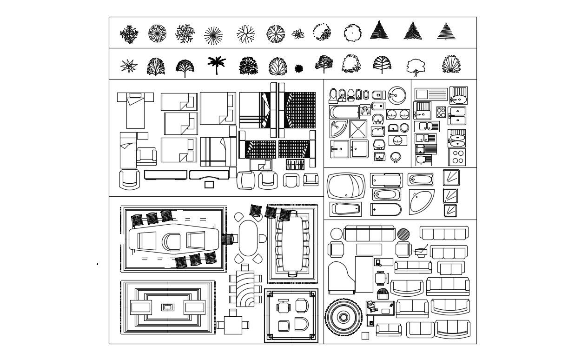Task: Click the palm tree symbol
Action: click(216, 65)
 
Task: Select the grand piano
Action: click(341, 278)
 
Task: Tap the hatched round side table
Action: click(403, 234)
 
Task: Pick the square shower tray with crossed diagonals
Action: click(358, 129)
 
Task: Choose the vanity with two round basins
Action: click(398, 114)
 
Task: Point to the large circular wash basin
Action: click(396, 95)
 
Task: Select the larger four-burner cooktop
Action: click(457, 157)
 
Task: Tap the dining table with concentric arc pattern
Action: click(245, 289)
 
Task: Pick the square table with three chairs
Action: click(232, 325)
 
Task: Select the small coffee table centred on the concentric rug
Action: click(168, 307)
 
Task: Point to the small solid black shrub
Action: click(299, 69)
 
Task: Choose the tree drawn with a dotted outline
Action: click(321, 33)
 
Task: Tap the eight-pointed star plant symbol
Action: click(128, 66)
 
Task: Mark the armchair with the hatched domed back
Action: click(383, 294)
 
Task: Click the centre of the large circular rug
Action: click(343, 318)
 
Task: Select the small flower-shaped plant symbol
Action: click(298, 33)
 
